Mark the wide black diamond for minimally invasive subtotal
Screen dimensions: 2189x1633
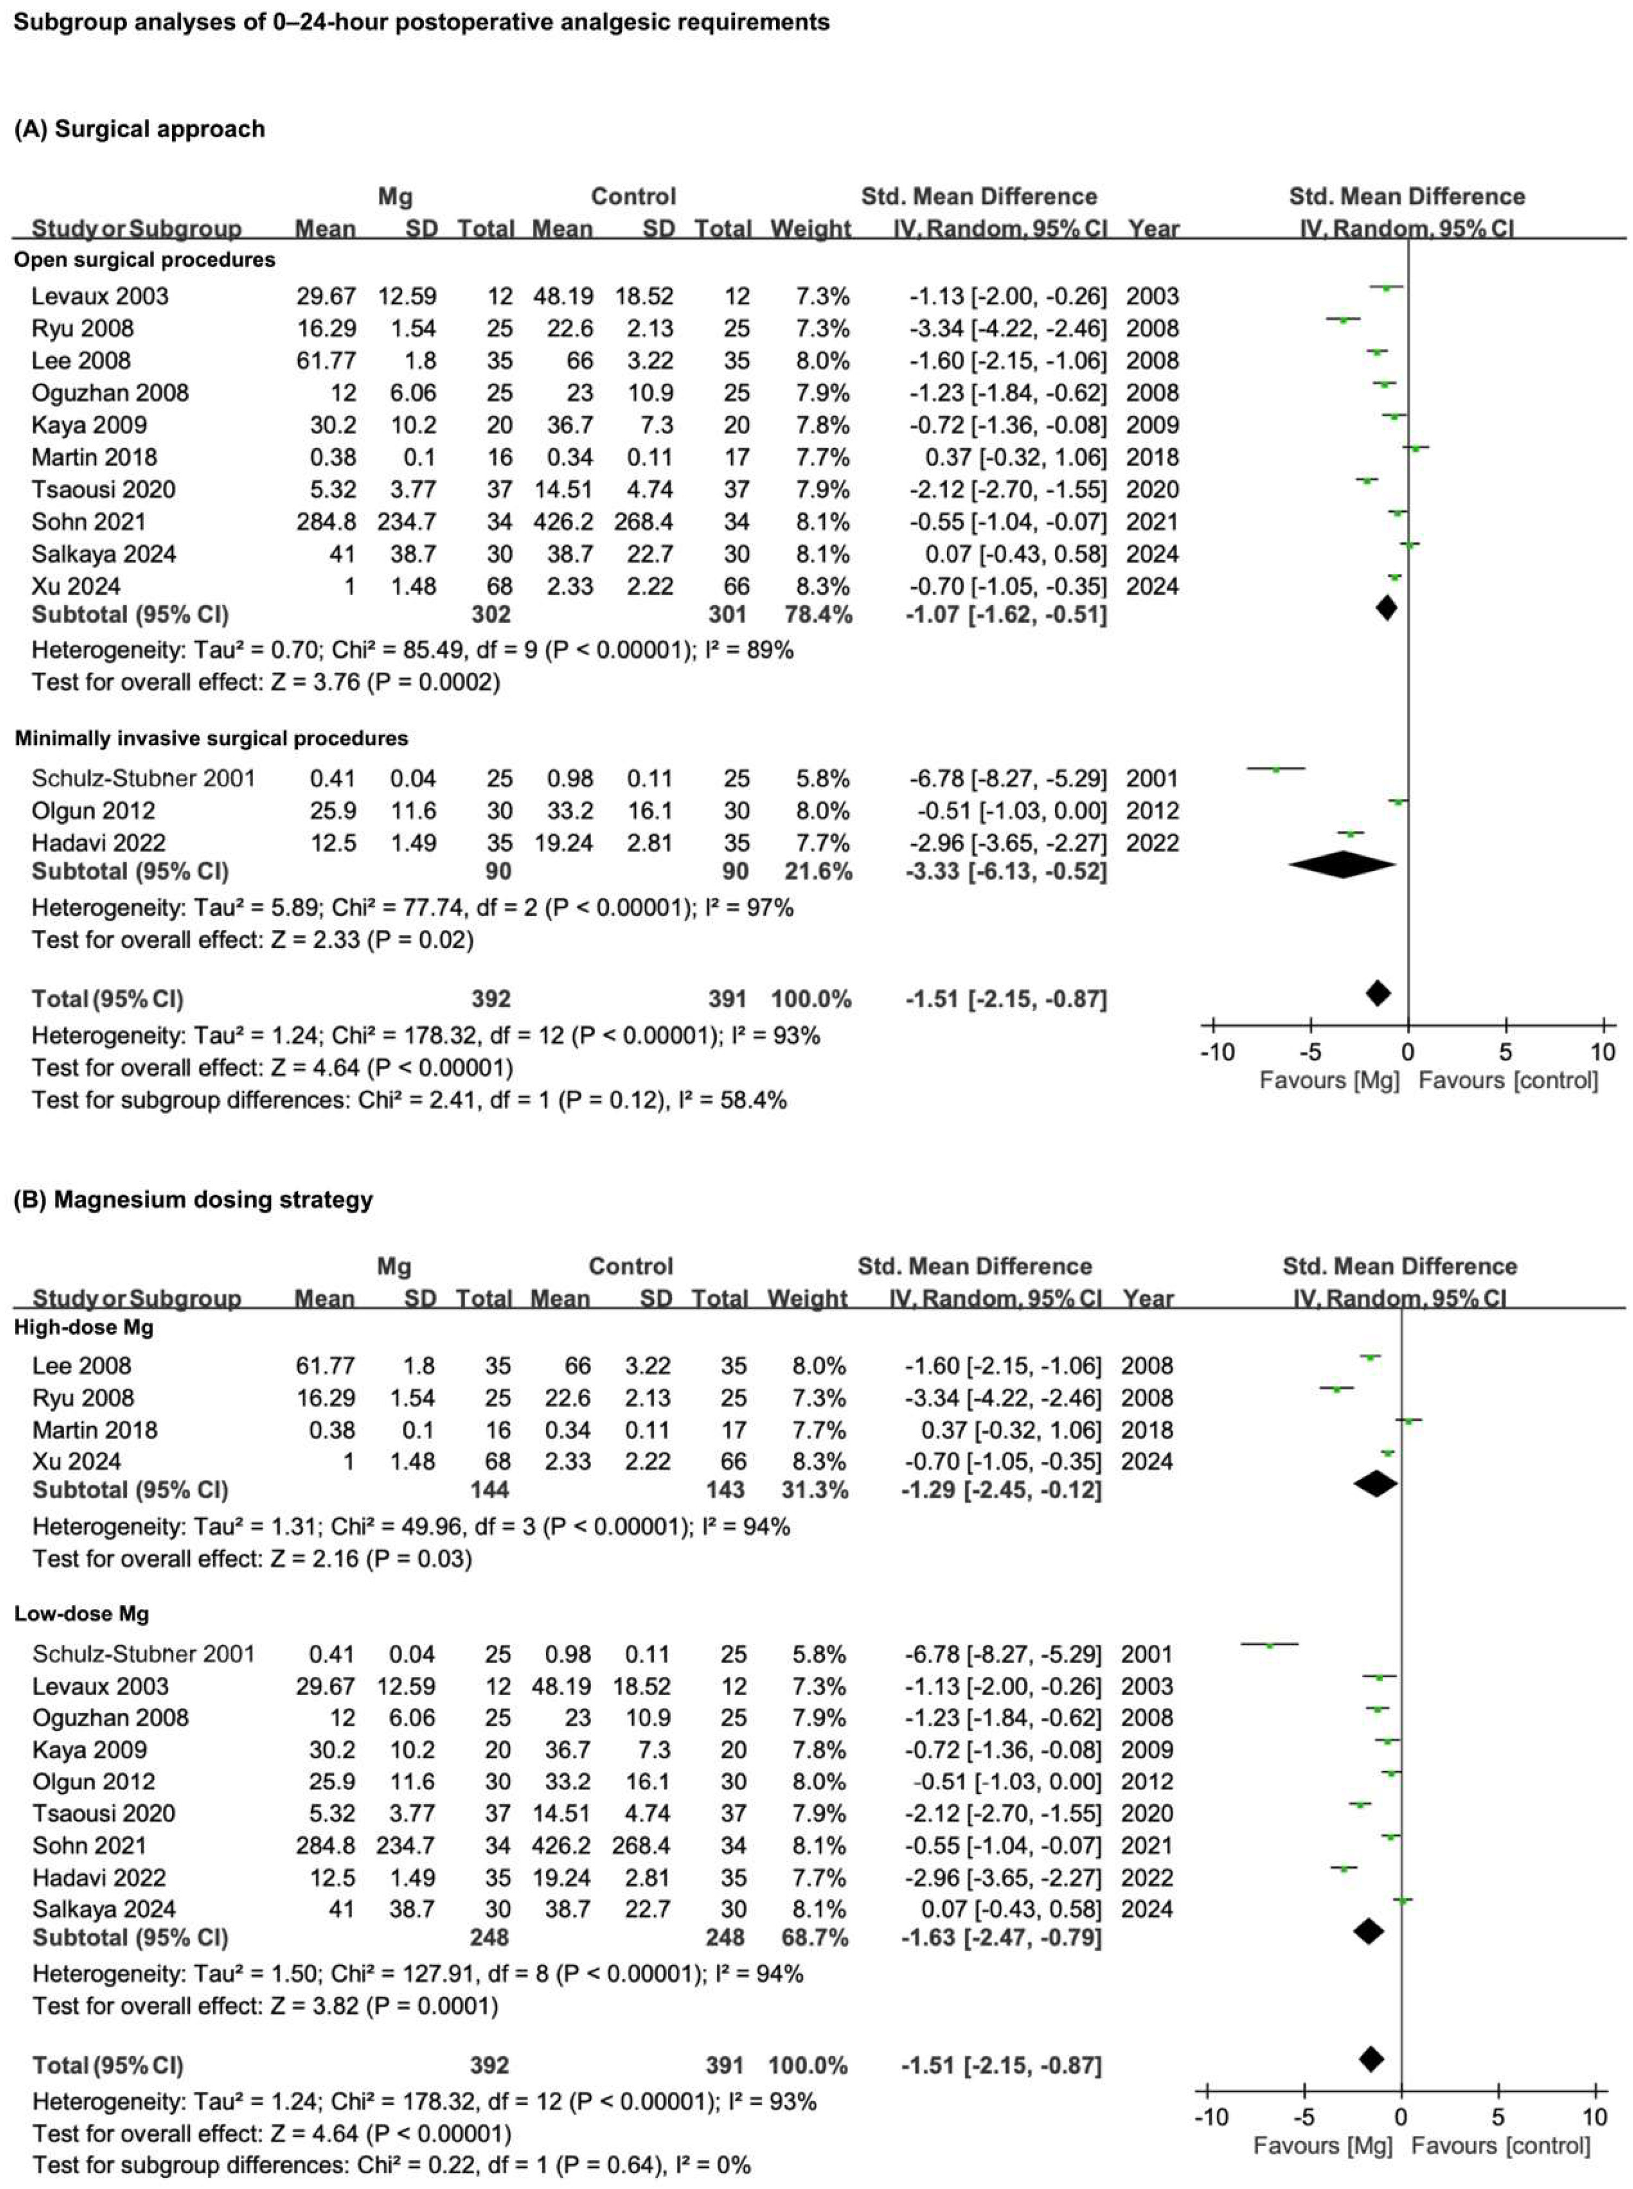[1342, 866]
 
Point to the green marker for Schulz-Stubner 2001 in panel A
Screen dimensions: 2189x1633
[1275, 769]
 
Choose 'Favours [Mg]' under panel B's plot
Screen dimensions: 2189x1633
[1323, 2147]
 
